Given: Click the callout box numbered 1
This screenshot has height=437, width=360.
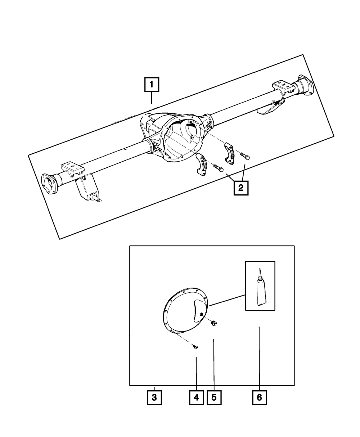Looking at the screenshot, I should [x=152, y=85].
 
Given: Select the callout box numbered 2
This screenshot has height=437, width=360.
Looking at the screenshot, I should [x=241, y=188].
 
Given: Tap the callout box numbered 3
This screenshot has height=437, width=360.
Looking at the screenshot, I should [x=154, y=398].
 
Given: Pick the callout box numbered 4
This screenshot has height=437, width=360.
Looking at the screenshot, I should [x=196, y=398].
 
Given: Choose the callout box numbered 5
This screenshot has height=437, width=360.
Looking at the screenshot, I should [x=214, y=398].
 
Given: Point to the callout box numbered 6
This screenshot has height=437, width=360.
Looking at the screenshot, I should [x=259, y=398].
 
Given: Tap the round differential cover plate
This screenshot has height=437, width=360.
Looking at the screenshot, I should [x=185, y=311].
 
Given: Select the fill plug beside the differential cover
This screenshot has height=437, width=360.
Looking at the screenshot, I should [x=214, y=323].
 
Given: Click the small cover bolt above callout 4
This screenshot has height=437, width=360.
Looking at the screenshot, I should [x=195, y=347].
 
